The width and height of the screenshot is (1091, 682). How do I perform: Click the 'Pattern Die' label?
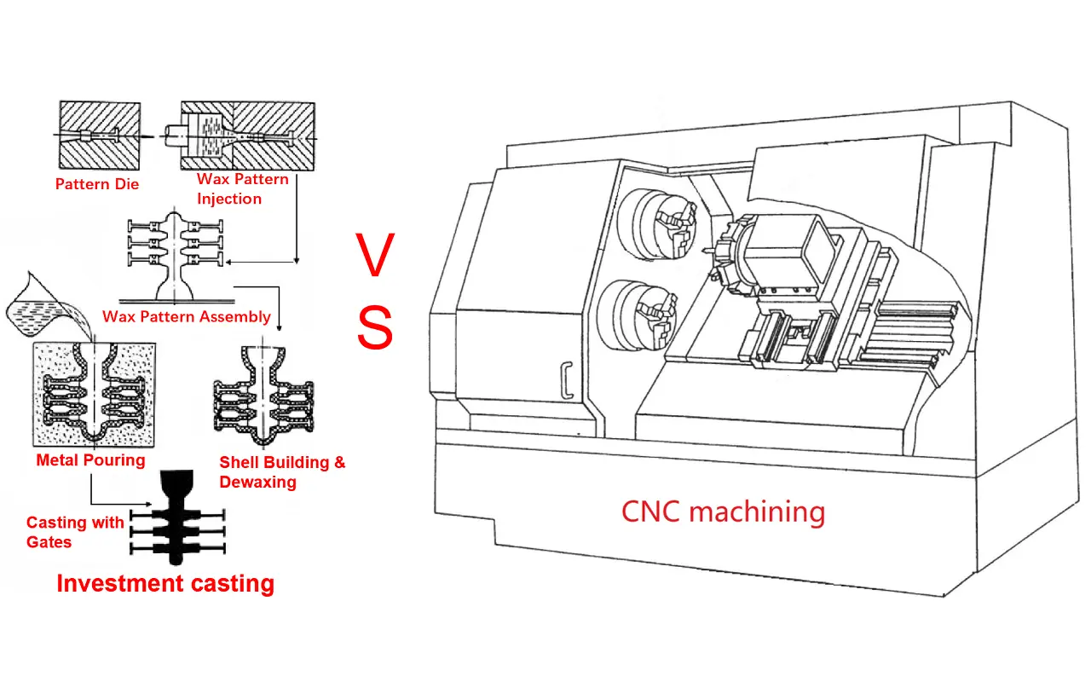click(x=96, y=183)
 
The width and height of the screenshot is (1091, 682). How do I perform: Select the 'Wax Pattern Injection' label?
click(x=242, y=189)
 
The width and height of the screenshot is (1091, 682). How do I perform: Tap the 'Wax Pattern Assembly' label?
click(x=187, y=316)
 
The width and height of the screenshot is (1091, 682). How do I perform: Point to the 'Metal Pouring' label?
click(x=90, y=460)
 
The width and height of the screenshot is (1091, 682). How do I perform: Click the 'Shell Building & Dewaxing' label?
click(x=282, y=472)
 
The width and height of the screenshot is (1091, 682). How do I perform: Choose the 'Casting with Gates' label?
click(x=75, y=532)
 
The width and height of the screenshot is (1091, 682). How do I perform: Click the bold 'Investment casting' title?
click(x=165, y=583)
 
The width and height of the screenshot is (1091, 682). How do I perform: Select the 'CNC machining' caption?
click(x=723, y=511)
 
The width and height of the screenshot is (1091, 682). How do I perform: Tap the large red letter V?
click(x=374, y=256)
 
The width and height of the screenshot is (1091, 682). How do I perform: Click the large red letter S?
click(x=374, y=328)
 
